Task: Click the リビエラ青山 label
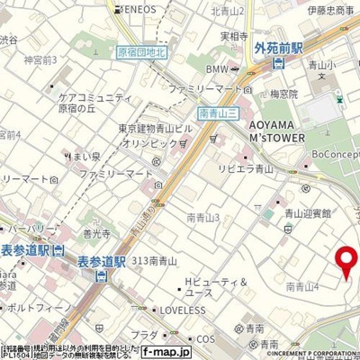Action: (x=243, y=167)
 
